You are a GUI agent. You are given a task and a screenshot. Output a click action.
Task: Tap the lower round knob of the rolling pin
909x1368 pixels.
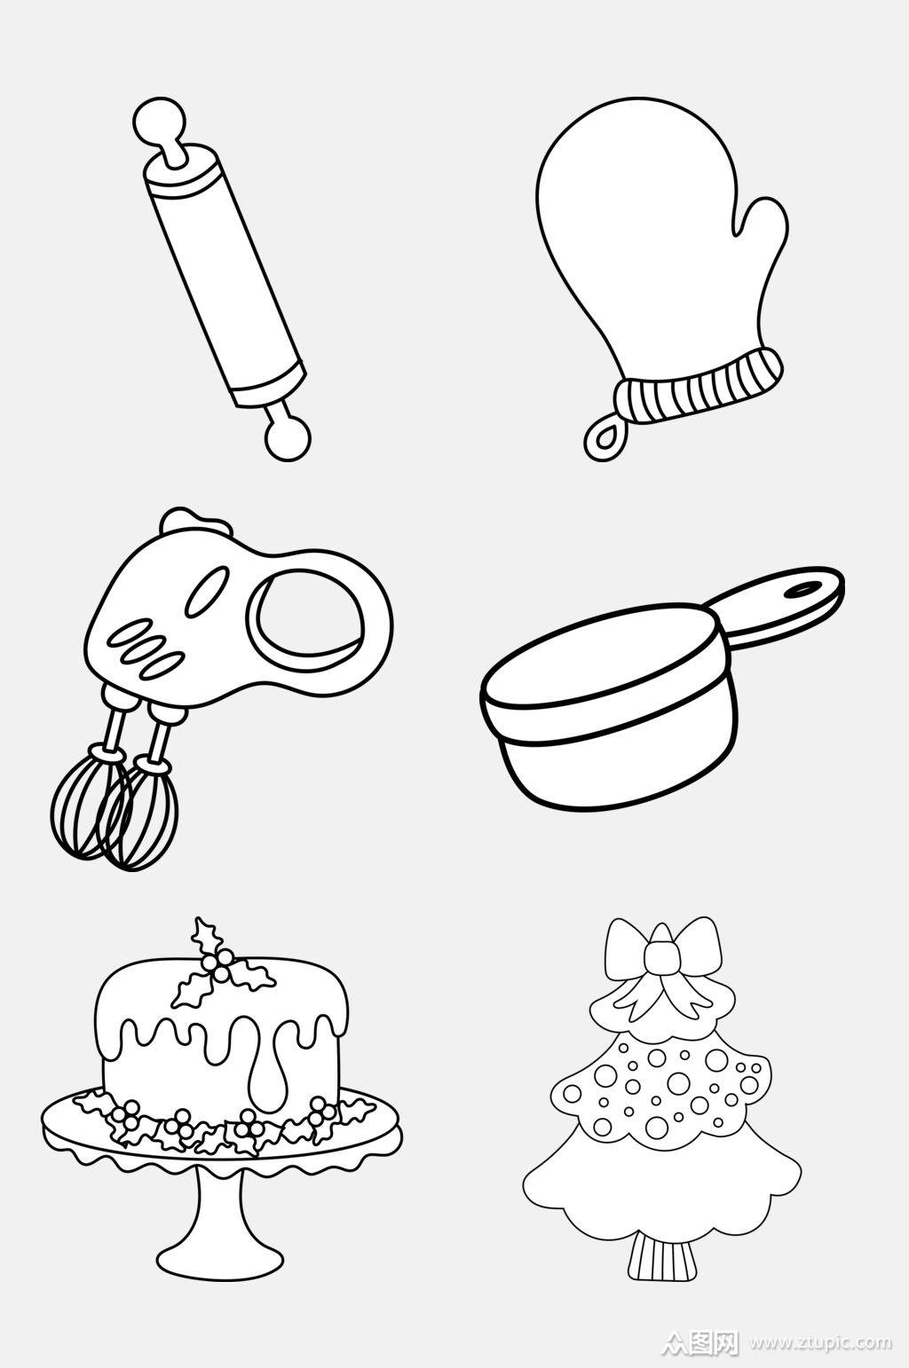pyautogui.click(x=287, y=437)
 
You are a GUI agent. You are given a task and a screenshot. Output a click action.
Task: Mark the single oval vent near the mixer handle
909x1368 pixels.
pyautogui.click(x=208, y=591)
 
